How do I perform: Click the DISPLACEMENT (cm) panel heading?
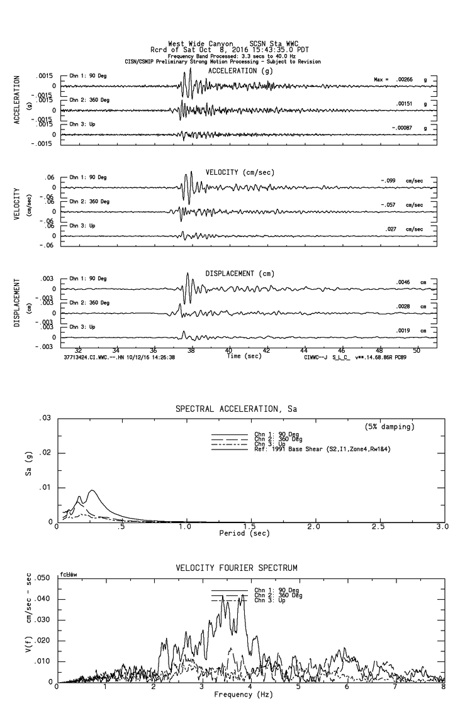(x=240, y=273)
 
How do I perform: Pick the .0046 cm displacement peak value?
(x=403, y=282)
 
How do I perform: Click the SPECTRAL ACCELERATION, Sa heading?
(x=236, y=409)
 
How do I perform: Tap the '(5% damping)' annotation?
(x=389, y=427)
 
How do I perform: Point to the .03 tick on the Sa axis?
(x=44, y=418)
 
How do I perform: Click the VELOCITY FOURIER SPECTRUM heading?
(x=236, y=568)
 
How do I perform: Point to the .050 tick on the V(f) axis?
(x=42, y=578)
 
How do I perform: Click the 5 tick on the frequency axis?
(x=300, y=687)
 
